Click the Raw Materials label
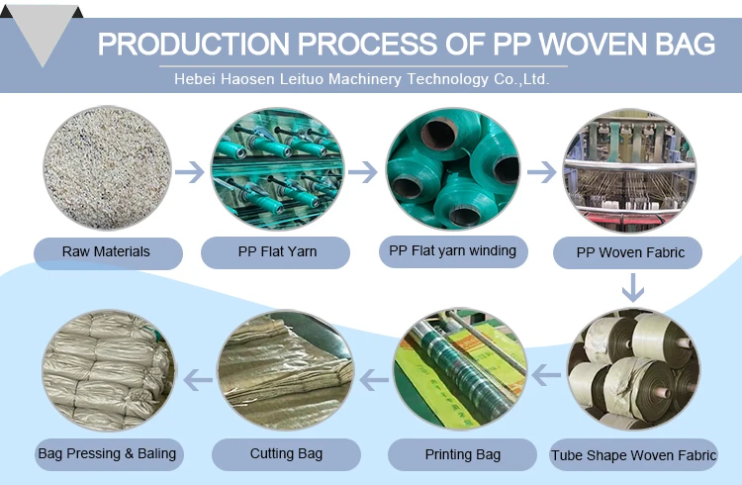coord(108,252)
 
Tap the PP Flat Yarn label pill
coord(276,252)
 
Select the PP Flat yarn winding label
coord(452,251)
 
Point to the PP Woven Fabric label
coord(629,253)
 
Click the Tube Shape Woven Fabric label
coord(633,456)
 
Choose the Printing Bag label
coord(462,455)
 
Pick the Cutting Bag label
coord(286,454)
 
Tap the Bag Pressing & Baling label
coord(108,454)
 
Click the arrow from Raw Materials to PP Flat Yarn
coord(189,172)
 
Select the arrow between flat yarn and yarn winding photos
coord(363,172)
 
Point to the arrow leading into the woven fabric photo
coord(541,172)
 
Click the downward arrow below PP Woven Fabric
coord(632,287)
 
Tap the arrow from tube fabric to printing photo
coord(547,375)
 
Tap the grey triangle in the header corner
coord(42,40)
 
